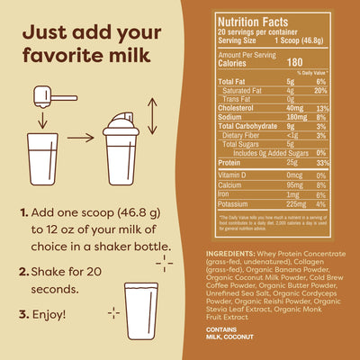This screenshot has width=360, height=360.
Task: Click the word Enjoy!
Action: coord(49,315)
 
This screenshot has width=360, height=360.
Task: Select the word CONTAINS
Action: coord(222,329)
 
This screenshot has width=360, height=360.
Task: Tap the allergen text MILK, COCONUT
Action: coord(236,339)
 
